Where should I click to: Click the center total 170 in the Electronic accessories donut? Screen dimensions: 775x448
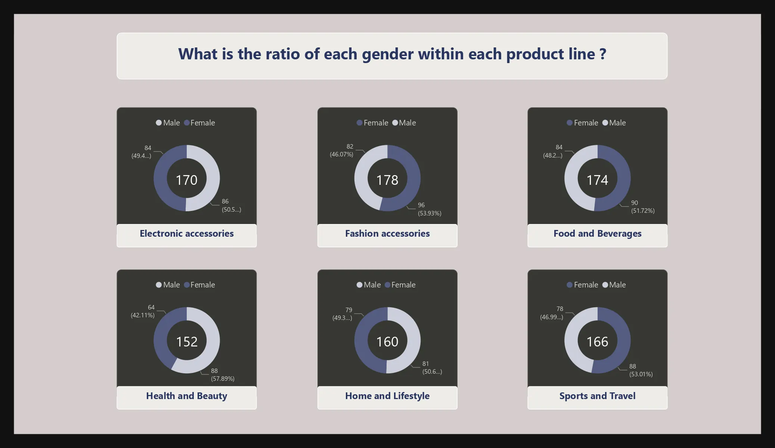pos(186,180)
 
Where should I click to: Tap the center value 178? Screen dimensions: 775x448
pos(387,180)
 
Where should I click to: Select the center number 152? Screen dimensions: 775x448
pos(186,342)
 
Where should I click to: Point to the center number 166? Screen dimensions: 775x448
pos(597,342)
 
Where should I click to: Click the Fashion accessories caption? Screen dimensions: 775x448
pos(387,233)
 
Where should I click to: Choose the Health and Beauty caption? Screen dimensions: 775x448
pos(186,396)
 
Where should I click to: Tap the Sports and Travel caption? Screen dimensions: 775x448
pos(597,396)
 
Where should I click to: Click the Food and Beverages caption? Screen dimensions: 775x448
pos(597,233)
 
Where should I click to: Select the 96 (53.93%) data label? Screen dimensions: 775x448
pos(430,209)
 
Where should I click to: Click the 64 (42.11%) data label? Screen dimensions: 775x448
pos(143,311)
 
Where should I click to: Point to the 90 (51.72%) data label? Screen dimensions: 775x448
pos(643,207)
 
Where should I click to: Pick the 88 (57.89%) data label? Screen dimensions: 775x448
pos(223,374)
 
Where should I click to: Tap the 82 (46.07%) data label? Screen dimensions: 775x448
pos(341,150)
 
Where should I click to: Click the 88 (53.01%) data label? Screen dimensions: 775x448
pos(641,370)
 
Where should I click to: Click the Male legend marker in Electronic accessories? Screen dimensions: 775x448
pos(159,122)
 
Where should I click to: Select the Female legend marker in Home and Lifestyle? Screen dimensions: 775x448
pos(388,285)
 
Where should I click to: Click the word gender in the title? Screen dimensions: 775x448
pos(387,55)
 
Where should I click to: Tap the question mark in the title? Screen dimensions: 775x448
pos(602,54)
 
